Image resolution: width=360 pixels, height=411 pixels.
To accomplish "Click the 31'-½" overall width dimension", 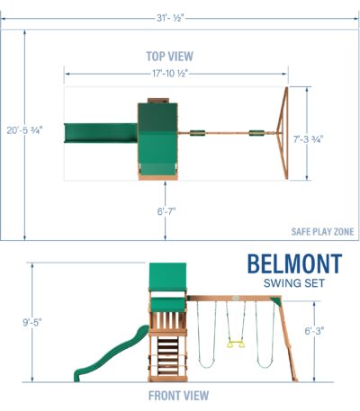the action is coord(170,18).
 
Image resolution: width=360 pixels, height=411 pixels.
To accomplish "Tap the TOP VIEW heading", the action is coord(170,57).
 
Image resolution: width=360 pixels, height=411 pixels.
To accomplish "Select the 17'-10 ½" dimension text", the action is coord(170,74).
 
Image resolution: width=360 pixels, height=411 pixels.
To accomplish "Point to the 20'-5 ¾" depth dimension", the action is coord(25,130).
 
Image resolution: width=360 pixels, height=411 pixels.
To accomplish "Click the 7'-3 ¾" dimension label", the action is coord(308,139).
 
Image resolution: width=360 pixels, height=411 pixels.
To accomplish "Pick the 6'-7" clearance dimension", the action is coord(166,211).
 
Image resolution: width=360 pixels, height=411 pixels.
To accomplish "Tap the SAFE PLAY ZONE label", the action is coord(322,232).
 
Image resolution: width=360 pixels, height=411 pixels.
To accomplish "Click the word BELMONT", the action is coord(294,264).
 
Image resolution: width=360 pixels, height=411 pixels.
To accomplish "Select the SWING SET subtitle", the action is coord(294,283).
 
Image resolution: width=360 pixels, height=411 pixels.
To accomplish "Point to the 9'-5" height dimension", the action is coord(32,323).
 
